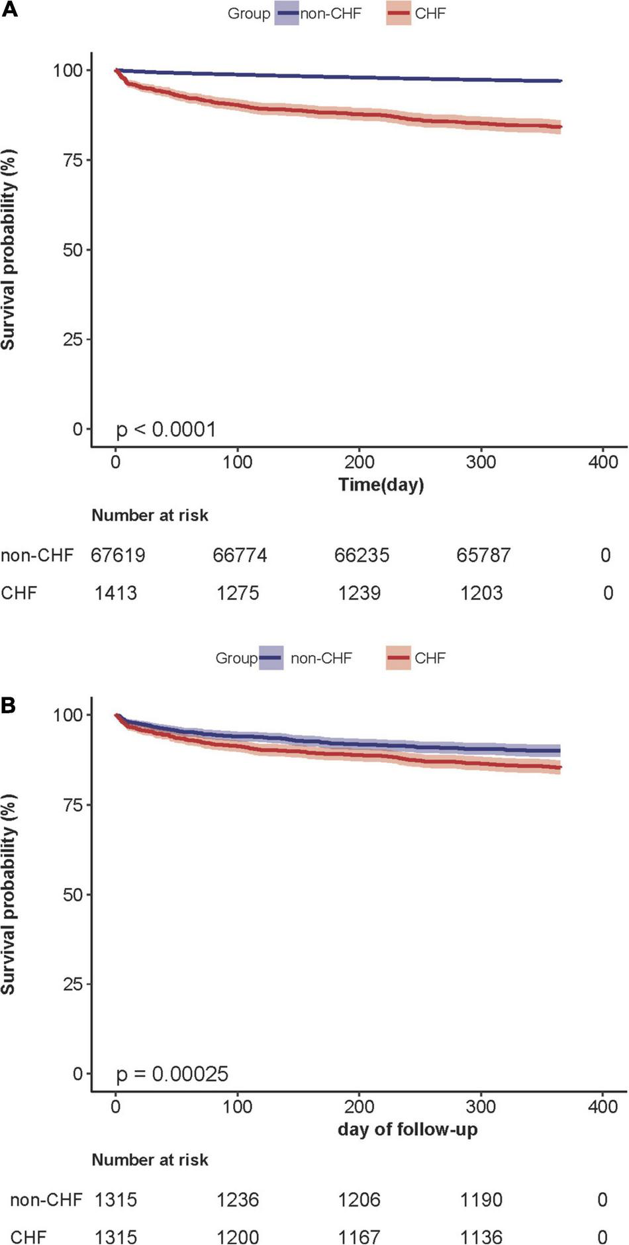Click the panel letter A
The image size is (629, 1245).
click(9, 12)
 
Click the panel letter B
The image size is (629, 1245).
click(9, 705)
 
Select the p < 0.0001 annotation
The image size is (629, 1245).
click(166, 430)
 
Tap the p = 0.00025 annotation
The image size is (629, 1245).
click(172, 1073)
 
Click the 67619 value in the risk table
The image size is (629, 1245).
click(118, 555)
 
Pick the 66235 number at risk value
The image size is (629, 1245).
click(362, 555)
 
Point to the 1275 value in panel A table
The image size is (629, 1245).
click(238, 593)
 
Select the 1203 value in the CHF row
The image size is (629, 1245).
click(481, 593)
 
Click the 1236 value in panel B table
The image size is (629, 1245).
click(238, 1199)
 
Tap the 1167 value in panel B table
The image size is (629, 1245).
click(360, 1236)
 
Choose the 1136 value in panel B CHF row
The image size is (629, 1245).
click(481, 1236)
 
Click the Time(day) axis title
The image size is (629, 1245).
click(381, 485)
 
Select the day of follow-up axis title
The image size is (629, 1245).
click(407, 1129)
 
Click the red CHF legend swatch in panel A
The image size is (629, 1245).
click(399, 13)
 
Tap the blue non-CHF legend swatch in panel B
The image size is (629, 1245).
click(271, 658)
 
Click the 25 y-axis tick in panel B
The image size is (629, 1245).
click(73, 984)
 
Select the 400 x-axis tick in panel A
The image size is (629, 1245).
click(603, 462)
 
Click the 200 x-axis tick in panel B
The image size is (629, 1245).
click(360, 1106)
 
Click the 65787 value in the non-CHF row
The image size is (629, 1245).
click(483, 555)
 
